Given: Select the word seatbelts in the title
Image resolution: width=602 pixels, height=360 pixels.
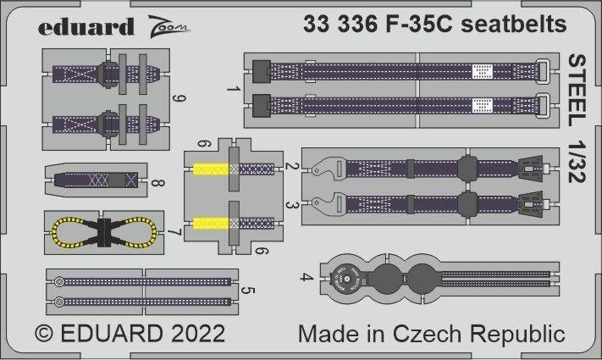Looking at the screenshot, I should [516, 25].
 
